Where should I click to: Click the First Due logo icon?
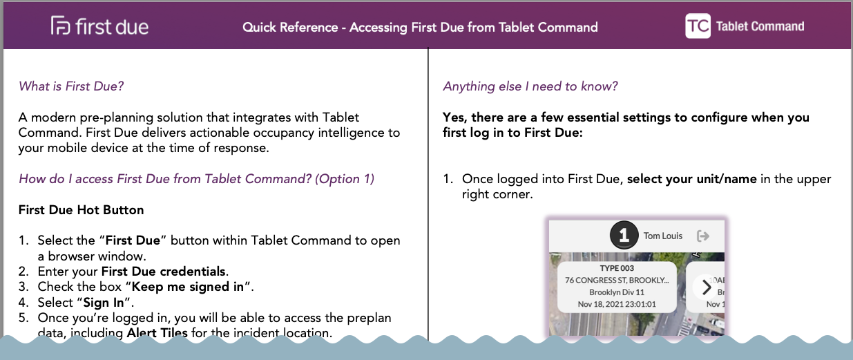61,26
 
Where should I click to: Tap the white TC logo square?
698,26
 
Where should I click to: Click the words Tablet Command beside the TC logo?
760,26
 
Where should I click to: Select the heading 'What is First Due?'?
71,86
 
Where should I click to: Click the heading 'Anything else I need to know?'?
530,86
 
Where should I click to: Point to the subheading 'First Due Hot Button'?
81,210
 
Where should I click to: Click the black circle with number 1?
624,235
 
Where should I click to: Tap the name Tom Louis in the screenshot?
663,236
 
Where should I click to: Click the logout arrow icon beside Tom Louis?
703,236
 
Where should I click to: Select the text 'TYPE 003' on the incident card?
617,268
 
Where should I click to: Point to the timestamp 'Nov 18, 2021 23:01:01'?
617,304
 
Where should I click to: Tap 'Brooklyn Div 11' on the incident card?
617,292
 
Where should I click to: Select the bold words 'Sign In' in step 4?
104,303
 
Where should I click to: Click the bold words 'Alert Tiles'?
157,332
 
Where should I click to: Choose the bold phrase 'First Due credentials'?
164,272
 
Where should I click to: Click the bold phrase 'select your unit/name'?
692,179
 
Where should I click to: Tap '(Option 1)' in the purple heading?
345,179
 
